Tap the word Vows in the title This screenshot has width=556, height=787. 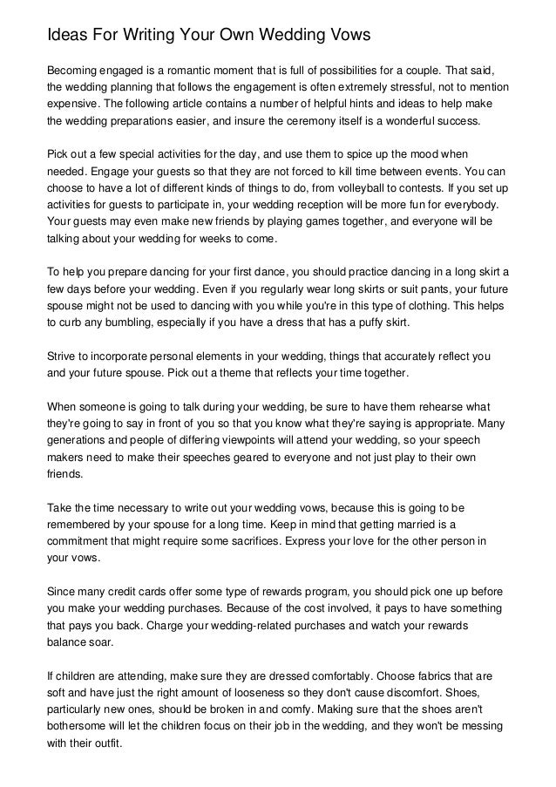347,36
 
